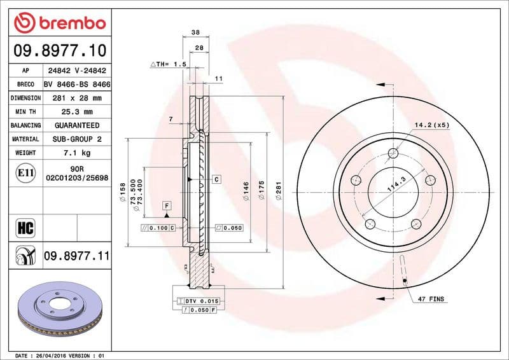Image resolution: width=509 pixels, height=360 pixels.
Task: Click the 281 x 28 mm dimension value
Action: click(x=76, y=99)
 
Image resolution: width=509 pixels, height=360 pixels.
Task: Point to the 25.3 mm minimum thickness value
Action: click(x=76, y=112)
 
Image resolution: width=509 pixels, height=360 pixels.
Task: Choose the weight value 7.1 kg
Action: click(x=76, y=153)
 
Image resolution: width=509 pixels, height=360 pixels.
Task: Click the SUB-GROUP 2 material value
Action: click(x=76, y=139)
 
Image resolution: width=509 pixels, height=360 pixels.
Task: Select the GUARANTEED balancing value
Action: click(x=76, y=125)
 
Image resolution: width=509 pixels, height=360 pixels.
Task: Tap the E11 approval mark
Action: click(x=25, y=172)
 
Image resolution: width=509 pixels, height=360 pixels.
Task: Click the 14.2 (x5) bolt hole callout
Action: click(x=432, y=125)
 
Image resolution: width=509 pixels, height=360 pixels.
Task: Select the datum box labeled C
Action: click(x=216, y=179)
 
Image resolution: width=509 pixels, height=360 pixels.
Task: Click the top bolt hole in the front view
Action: click(x=393, y=153)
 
